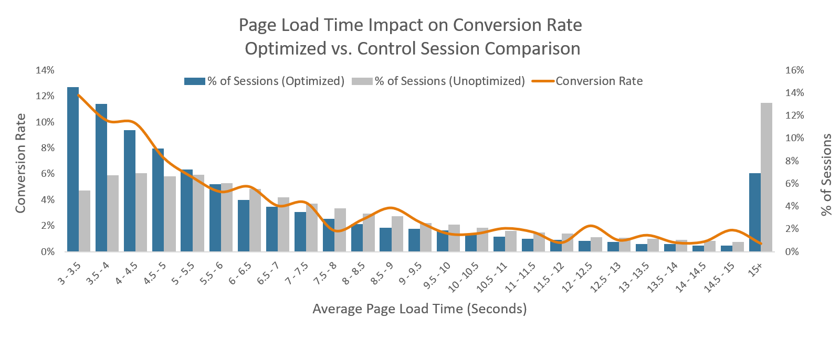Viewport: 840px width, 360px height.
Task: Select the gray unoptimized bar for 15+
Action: (x=766, y=178)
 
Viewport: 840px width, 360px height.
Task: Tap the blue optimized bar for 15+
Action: (x=755, y=213)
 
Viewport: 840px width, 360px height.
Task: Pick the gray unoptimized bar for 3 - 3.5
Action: (x=84, y=221)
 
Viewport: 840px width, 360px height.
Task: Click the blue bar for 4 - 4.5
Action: (x=129, y=192)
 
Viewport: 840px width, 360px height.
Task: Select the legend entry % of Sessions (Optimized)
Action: (x=265, y=81)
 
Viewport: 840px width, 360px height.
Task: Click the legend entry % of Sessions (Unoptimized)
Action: (x=439, y=81)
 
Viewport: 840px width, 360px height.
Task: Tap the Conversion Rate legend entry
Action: (x=588, y=81)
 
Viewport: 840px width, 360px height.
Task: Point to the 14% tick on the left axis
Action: (x=45, y=70)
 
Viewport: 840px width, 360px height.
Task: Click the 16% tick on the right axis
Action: (x=794, y=70)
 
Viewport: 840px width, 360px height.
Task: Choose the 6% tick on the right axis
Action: (x=794, y=184)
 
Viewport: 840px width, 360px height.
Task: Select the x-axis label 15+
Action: (x=756, y=269)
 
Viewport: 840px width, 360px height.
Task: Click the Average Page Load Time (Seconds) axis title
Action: (x=419, y=309)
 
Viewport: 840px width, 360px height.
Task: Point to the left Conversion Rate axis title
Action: (x=20, y=163)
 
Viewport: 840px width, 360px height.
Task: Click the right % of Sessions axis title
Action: (x=826, y=175)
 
